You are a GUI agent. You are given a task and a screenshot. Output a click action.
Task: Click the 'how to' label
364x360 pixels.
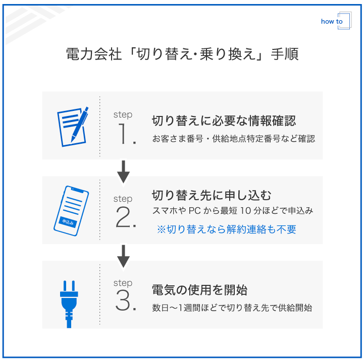[332, 22]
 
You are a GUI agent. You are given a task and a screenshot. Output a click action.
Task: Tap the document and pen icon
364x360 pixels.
[72, 126]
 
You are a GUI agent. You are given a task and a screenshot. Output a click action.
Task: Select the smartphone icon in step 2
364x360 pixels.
[71, 210]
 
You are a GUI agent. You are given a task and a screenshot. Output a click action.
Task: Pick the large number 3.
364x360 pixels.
[125, 302]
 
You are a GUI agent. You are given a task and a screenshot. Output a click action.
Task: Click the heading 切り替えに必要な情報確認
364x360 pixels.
[224, 121]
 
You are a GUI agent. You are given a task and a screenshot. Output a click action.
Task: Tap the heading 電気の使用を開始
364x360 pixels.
[199, 290]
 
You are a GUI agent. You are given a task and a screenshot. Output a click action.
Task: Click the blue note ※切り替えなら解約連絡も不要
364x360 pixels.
[226, 229]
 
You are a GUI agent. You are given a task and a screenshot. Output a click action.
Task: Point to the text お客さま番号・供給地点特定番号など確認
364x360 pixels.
[233, 139]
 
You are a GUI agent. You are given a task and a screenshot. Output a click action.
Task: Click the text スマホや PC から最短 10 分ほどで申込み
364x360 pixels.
[232, 211]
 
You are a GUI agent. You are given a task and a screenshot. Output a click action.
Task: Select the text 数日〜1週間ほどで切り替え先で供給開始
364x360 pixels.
[232, 308]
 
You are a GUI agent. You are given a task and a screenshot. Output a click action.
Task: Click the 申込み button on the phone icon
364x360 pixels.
[68, 221]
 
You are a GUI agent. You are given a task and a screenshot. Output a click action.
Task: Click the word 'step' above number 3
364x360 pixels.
[123, 283]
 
